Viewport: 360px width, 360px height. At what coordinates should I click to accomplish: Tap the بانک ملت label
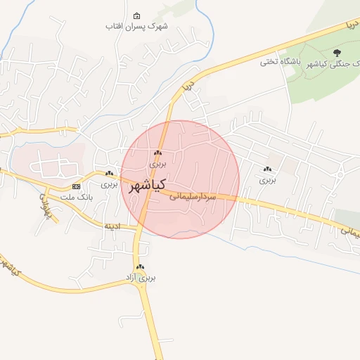click(x=77, y=197)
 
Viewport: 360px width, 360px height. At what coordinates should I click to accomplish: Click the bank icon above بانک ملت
click(x=77, y=186)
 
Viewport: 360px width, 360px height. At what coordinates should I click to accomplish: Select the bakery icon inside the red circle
click(x=157, y=153)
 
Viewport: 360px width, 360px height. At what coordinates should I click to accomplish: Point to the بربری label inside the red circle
click(x=157, y=163)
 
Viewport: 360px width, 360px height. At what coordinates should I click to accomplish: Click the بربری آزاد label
click(x=140, y=278)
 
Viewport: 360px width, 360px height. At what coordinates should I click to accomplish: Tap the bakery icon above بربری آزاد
click(x=141, y=267)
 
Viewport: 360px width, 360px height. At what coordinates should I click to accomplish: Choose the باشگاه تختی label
click(x=281, y=62)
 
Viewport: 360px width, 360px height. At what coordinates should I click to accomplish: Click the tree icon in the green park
click(x=337, y=52)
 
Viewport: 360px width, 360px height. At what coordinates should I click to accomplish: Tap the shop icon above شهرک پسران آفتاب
click(x=136, y=15)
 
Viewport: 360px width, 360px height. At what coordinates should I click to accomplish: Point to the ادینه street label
click(x=112, y=226)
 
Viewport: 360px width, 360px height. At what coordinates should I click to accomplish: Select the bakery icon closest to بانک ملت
click(x=109, y=174)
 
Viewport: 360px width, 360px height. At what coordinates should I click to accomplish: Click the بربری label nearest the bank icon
click(x=109, y=184)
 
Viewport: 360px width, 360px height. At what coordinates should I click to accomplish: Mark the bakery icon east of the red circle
click(x=267, y=169)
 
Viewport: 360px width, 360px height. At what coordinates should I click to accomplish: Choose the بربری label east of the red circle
click(x=268, y=179)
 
